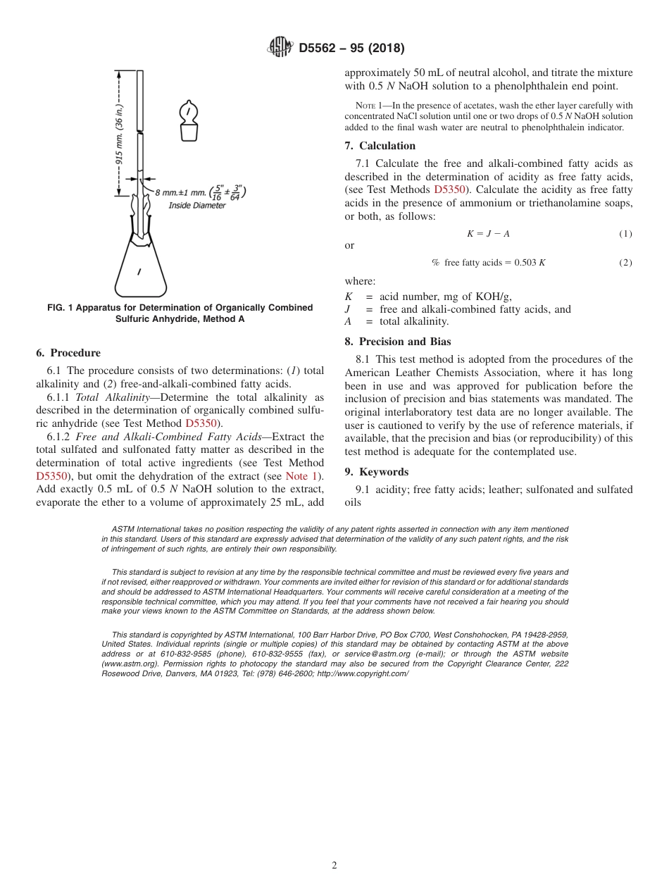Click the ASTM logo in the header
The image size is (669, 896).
[x=280, y=48]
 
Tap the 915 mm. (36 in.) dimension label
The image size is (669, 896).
[x=120, y=134]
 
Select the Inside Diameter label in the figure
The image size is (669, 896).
[x=197, y=206]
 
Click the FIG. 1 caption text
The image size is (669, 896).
[x=180, y=313]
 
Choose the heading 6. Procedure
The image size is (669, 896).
[x=68, y=353]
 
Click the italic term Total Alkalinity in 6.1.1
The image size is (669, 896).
[x=116, y=397]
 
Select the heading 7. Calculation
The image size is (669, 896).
[x=380, y=146]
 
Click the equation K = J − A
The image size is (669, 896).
[x=488, y=234]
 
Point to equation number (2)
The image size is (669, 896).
[x=625, y=263]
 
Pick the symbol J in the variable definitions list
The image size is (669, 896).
[x=348, y=309]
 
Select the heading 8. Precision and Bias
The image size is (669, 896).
[x=398, y=342]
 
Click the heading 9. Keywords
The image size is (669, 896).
[x=377, y=472]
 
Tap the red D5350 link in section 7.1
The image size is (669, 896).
[x=449, y=189]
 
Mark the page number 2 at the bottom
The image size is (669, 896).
[x=334, y=866]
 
